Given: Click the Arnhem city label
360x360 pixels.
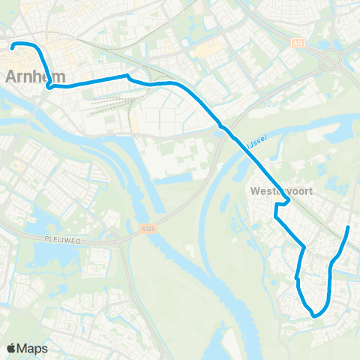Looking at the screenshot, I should click(35, 76).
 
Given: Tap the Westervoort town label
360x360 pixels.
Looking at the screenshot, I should click(279, 190).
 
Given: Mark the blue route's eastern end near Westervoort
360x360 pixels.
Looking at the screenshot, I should click(349, 227).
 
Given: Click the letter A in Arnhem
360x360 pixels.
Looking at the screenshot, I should click(12, 76).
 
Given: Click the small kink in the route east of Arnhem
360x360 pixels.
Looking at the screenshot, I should click(128, 76).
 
